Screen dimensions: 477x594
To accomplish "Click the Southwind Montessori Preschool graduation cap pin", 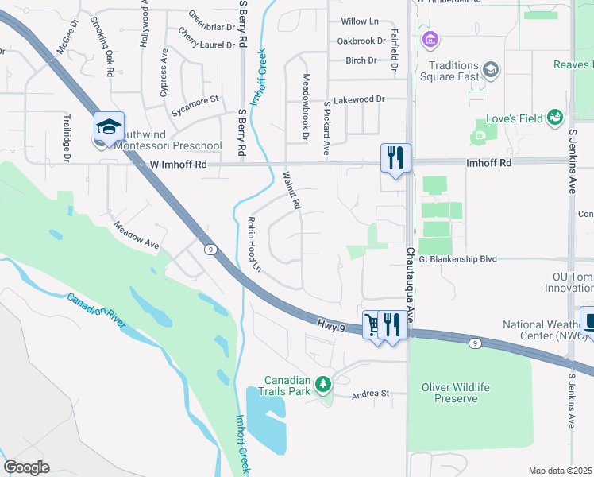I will (109, 127).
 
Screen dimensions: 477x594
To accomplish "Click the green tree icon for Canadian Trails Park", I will (322, 385).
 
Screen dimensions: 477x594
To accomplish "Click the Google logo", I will (26, 467).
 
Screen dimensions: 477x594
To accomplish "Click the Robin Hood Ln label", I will (255, 244).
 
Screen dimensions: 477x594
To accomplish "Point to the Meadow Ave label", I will (137, 236).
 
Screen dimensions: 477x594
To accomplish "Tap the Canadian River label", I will (96, 311).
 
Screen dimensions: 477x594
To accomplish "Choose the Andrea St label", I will (371, 394).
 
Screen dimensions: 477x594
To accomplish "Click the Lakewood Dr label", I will (358, 100).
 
